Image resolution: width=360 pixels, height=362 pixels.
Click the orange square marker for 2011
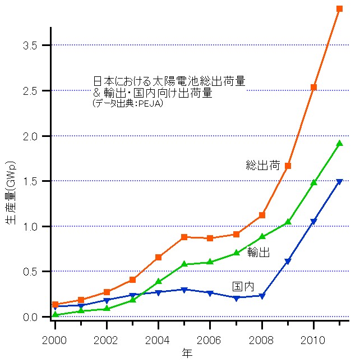(x=339, y=9)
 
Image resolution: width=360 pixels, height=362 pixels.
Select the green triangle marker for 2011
(x=339, y=143)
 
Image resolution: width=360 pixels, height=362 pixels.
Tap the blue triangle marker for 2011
(x=339, y=182)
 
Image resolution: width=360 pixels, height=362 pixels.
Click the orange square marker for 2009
(x=288, y=166)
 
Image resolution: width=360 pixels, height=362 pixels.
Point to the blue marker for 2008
(x=262, y=296)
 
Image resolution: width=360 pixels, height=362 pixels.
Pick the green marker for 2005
(x=184, y=264)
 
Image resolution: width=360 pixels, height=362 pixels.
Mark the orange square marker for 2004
(x=158, y=257)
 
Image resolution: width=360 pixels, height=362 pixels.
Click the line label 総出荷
(x=263, y=166)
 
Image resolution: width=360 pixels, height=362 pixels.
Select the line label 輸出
(x=259, y=253)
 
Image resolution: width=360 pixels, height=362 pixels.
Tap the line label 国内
(x=243, y=286)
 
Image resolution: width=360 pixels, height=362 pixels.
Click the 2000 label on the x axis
(x=55, y=341)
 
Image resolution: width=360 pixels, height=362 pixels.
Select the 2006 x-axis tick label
(x=210, y=341)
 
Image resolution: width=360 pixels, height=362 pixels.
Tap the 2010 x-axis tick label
(x=313, y=341)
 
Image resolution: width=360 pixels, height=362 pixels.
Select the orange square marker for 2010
(x=313, y=87)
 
